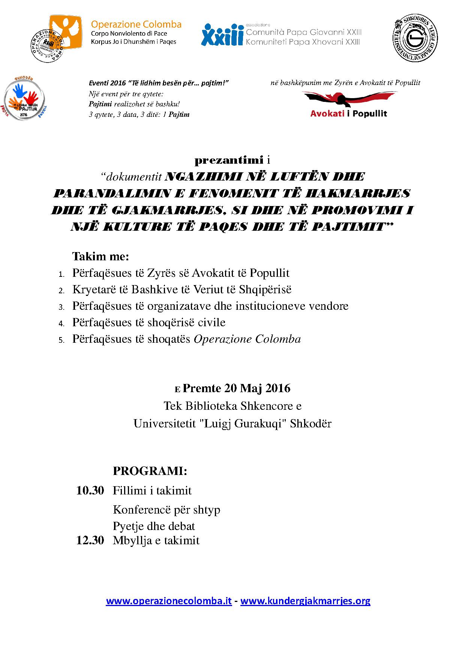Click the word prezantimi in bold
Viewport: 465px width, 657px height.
[x=229, y=161]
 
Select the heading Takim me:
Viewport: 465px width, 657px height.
[x=100, y=257]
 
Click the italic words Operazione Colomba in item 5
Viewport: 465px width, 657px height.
[x=247, y=339]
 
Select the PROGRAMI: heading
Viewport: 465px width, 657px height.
[x=150, y=471]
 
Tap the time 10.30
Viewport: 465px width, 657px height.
[x=90, y=490]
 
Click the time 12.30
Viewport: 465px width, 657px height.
[x=90, y=541]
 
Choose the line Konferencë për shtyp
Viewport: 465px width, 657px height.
[x=166, y=510]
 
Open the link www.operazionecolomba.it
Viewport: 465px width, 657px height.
[x=169, y=601]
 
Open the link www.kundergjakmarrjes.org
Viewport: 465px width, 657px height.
[x=305, y=601]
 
